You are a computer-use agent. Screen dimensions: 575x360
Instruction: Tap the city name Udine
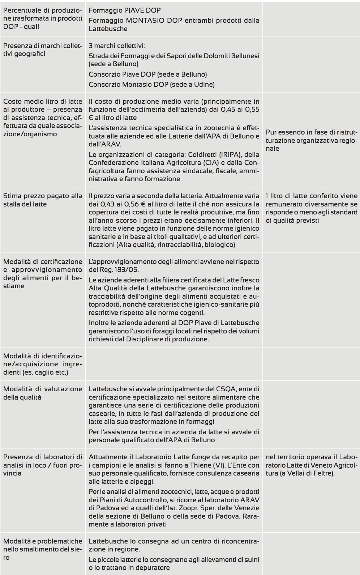pos(205,85)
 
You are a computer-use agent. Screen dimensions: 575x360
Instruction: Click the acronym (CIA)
pos(206,163)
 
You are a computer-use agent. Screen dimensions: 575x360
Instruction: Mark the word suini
pos(250,559)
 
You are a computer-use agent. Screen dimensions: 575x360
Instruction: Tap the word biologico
pos(219,245)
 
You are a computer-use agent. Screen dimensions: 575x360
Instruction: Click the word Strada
pos(99,56)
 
